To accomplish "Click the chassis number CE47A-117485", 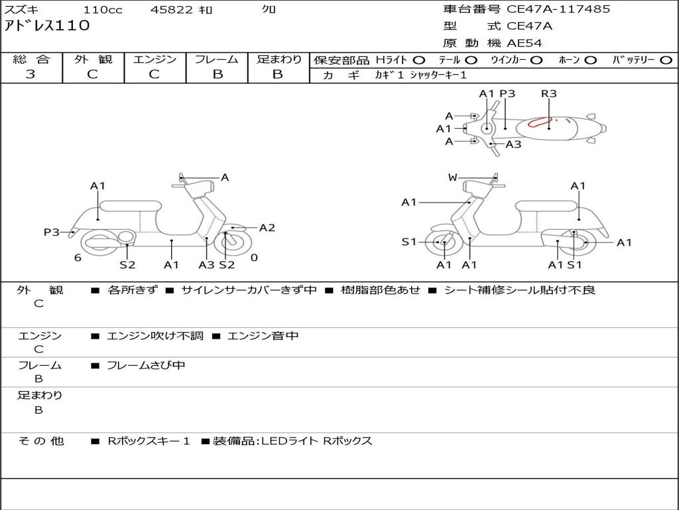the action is [558, 9].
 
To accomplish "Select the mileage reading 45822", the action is [172, 10].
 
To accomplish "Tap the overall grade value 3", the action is [31, 74].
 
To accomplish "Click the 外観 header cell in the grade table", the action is [93, 60].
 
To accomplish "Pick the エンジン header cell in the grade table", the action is [154, 60].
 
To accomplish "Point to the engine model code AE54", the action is [525, 43].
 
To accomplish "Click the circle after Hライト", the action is [419, 60].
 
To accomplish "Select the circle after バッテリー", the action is [666, 60].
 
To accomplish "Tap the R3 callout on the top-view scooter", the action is [548, 94].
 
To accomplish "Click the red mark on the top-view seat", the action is [541, 122].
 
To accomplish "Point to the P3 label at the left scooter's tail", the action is [51, 232].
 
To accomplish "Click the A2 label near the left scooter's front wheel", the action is [267, 228].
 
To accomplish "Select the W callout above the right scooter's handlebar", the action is [453, 177].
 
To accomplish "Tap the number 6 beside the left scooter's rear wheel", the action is [78, 258].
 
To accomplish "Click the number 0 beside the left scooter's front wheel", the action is [254, 258].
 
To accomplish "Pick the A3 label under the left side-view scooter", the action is [207, 264].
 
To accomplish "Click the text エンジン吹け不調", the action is [155, 336].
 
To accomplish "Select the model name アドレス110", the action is [47, 27].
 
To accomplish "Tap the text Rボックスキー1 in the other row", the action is [149, 441].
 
